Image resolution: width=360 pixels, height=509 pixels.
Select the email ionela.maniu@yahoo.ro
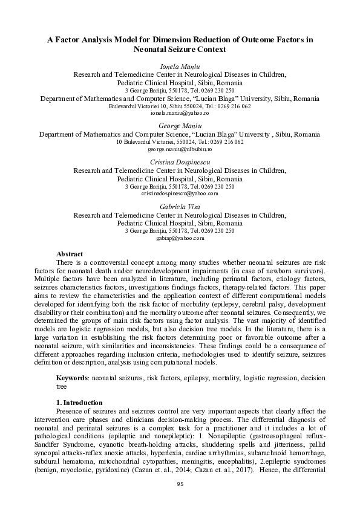(x=180, y=113)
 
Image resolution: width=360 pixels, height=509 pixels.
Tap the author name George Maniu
(x=180, y=125)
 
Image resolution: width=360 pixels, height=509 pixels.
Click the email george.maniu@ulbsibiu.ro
(x=180, y=149)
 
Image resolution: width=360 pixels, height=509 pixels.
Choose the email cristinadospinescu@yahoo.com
(x=180, y=194)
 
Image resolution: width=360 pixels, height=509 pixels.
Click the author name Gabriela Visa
(x=180, y=207)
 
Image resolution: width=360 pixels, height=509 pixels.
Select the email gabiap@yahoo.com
(x=180, y=239)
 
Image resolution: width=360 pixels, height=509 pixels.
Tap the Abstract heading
(x=69, y=254)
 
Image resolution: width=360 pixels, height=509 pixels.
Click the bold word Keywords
(x=72, y=378)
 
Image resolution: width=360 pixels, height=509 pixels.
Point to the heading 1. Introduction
(x=79, y=403)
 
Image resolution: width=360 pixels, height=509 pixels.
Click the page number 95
(x=180, y=484)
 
